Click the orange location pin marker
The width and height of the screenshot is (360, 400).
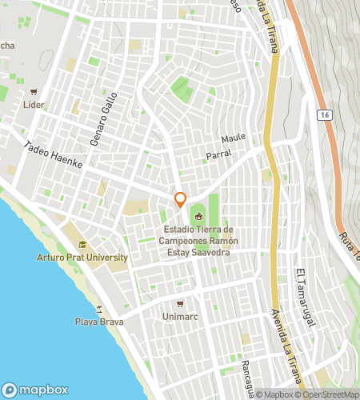[181, 200]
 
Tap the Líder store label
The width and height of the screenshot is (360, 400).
[33, 105]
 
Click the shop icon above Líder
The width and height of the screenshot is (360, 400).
[33, 92]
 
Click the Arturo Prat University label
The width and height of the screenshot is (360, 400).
[82, 258]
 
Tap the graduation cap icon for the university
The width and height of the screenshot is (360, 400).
[82, 245]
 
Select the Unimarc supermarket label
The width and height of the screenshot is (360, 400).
[180, 316]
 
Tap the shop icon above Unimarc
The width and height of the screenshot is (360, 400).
[180, 303]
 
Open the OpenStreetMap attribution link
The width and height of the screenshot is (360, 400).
[326, 394]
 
